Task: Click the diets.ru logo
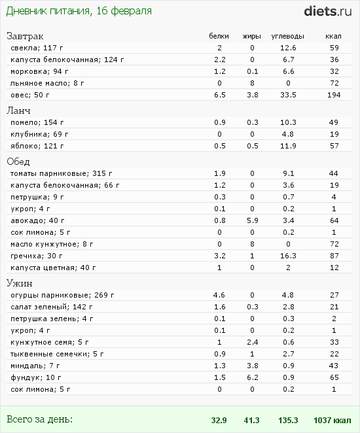328,11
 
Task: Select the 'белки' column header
219,36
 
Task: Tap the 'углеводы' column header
287,36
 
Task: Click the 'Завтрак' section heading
25,36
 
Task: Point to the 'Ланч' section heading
18,111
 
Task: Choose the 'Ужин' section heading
20,283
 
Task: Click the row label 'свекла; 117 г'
37,48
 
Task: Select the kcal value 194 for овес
334,95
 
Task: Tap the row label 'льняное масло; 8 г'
47,84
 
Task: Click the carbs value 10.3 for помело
288,122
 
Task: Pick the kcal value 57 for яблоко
334,146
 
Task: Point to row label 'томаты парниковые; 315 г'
61,174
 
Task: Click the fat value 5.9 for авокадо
253,220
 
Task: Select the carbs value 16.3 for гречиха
288,256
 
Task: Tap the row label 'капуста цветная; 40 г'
53,268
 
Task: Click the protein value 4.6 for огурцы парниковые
219,295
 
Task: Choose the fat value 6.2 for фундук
253,377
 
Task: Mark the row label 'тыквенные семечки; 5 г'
57,354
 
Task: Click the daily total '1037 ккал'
333,421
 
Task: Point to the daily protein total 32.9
219,421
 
